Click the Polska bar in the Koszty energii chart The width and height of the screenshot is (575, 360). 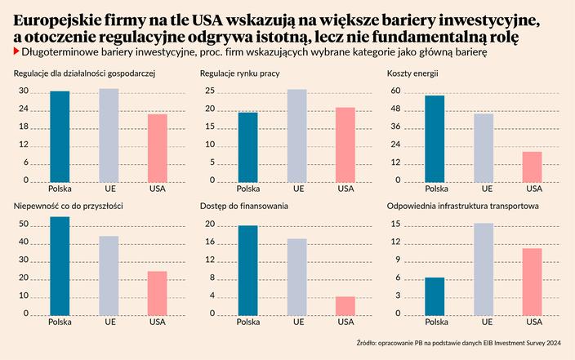(x=435, y=138)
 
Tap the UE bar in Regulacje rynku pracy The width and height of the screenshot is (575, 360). (x=296, y=135)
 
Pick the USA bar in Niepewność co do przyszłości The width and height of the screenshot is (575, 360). (x=158, y=292)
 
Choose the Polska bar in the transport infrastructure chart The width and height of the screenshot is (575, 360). (x=435, y=296)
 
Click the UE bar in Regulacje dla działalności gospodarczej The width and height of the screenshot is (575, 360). (x=109, y=135)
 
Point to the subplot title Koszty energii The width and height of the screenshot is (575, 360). (x=414, y=74)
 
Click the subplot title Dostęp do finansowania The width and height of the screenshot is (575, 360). (x=243, y=207)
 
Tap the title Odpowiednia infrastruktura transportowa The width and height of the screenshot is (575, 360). (x=462, y=207)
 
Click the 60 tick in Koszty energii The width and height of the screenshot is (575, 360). (x=395, y=91)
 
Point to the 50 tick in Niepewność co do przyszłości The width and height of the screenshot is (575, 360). (x=24, y=224)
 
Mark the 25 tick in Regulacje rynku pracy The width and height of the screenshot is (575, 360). (x=210, y=91)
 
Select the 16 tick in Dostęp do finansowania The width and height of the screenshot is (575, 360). (x=210, y=242)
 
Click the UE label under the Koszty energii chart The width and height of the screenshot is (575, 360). (x=484, y=189)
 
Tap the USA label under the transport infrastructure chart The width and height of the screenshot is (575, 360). (x=533, y=322)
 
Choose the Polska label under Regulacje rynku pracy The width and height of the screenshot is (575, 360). (x=247, y=189)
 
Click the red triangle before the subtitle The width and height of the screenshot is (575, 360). (x=18, y=51)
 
